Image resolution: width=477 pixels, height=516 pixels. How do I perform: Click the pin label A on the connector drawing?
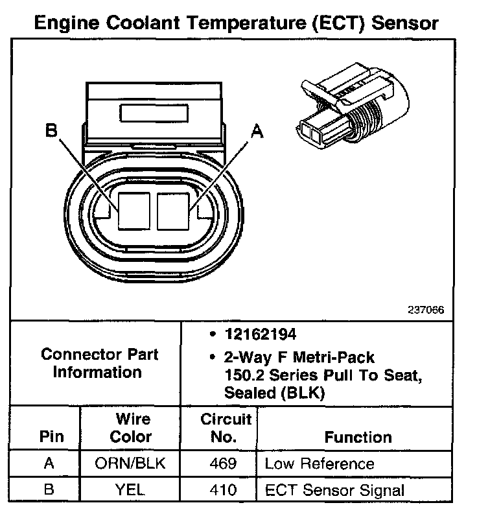click(x=257, y=132)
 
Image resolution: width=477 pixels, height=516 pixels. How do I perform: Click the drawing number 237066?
click(x=426, y=310)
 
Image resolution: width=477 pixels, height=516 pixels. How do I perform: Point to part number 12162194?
click(x=261, y=335)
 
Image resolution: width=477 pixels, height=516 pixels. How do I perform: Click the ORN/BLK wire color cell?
click(x=130, y=464)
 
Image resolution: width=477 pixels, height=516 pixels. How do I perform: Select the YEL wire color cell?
click(x=130, y=490)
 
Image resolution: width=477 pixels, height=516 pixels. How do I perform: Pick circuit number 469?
click(x=222, y=464)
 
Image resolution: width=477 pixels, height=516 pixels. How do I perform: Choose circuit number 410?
click(x=222, y=490)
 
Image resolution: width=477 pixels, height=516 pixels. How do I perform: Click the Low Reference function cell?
click(x=320, y=464)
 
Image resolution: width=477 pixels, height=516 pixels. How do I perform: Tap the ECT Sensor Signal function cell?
click(x=334, y=490)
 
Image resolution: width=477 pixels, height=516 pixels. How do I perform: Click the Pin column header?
click(x=51, y=436)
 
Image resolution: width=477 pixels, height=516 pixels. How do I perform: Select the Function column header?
click(x=358, y=437)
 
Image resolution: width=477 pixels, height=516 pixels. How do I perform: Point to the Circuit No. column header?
click(x=222, y=428)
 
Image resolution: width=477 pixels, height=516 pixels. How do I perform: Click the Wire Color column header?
click(x=130, y=428)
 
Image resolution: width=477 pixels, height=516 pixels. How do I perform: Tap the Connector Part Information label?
click(x=99, y=364)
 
